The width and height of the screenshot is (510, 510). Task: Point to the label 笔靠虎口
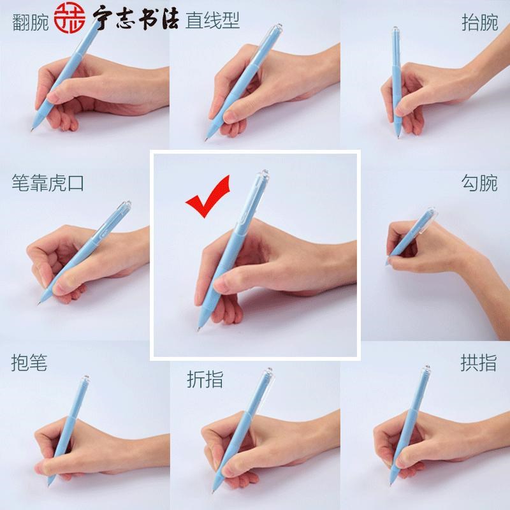pos(48,184)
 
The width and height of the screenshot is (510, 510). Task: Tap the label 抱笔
pos(29,363)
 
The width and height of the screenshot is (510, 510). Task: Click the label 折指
pos(205,379)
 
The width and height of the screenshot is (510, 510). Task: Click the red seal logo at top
pos(69,22)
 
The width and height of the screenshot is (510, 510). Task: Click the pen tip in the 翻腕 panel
pos(30,130)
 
